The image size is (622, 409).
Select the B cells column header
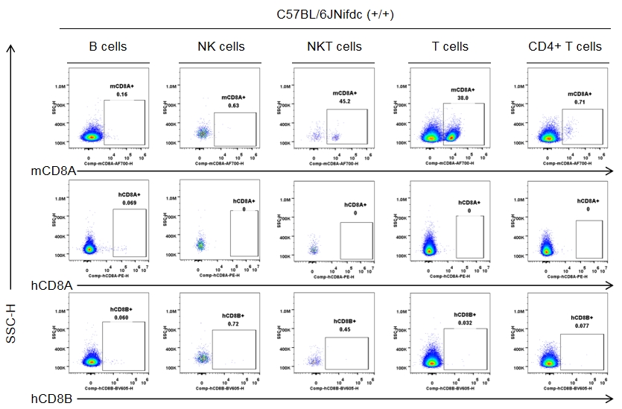[108, 47]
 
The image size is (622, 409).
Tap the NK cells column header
[221, 47]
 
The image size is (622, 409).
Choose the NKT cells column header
[334, 47]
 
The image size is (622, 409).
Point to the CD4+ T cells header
[565, 47]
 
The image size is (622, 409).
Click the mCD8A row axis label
[52, 171]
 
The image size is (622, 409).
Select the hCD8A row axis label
[51, 285]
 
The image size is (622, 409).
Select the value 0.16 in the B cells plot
[122, 95]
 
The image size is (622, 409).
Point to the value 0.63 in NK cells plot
[234, 106]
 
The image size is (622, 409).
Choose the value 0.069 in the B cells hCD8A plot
[128, 202]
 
